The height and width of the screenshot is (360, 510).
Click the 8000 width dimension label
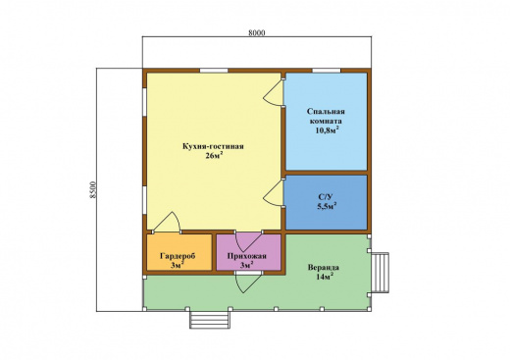tap(257, 32)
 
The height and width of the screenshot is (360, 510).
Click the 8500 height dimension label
tap(93, 189)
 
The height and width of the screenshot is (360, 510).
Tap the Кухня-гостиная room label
tap(213, 146)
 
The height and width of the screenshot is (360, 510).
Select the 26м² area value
tap(214, 155)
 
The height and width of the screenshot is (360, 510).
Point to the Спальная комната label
tap(326, 116)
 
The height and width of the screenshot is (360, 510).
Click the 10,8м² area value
tap(327, 130)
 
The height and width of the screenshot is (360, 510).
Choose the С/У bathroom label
tap(326, 197)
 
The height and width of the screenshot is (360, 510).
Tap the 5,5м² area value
tap(327, 206)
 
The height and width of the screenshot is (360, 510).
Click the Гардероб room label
tap(178, 256)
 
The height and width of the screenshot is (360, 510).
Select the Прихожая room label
tap(247, 256)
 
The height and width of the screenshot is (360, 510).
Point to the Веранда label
tap(324, 268)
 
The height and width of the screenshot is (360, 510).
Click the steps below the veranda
tap(210, 320)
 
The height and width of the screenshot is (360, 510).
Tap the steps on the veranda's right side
tap(381, 273)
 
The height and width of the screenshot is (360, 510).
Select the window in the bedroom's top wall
tap(326, 71)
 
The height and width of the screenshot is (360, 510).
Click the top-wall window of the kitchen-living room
tap(214, 71)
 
